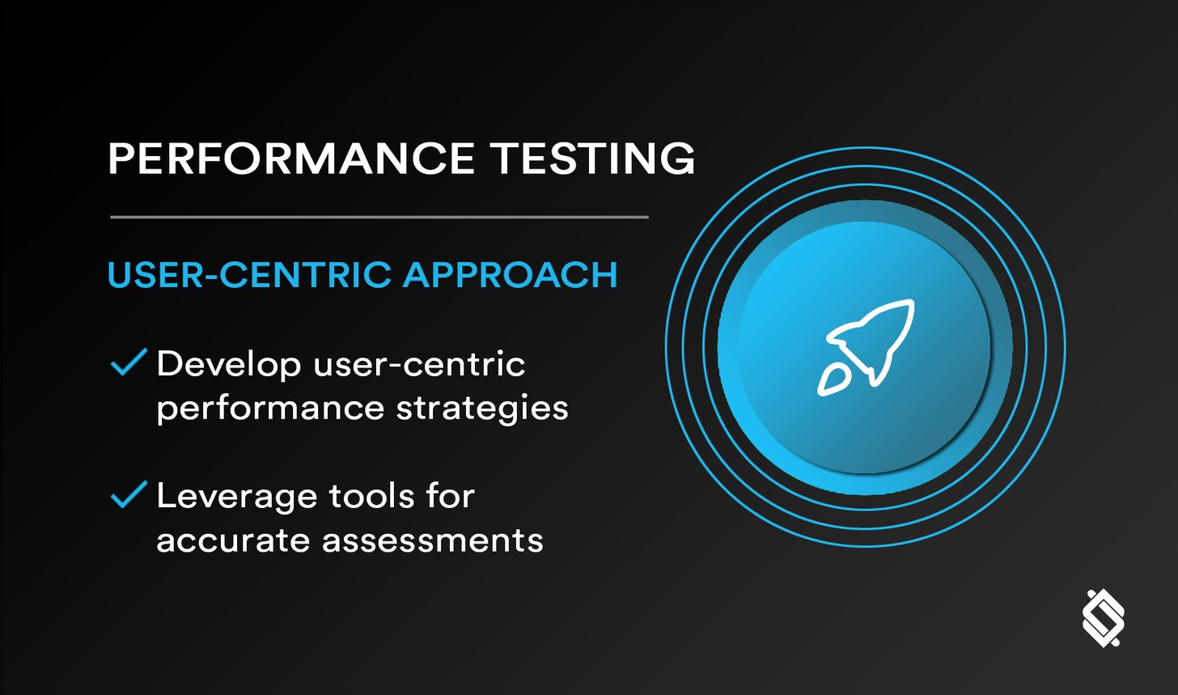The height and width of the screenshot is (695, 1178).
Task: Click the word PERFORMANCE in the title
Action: pyautogui.click(x=290, y=159)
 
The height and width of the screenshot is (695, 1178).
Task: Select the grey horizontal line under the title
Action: pyautogui.click(x=379, y=217)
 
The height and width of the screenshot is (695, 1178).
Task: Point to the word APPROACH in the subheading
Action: pyautogui.click(x=511, y=275)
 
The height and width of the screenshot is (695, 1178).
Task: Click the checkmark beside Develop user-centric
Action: pyautogui.click(x=128, y=362)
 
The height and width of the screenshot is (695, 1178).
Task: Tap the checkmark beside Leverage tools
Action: pyautogui.click(x=128, y=494)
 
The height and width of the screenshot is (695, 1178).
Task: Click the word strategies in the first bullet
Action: pyautogui.click(x=482, y=409)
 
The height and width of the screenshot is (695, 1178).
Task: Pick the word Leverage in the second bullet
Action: pyautogui.click(x=229, y=497)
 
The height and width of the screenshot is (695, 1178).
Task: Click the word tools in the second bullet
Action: pyautogui.click(x=367, y=496)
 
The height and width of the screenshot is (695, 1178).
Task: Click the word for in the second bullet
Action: pyautogui.click(x=451, y=496)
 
